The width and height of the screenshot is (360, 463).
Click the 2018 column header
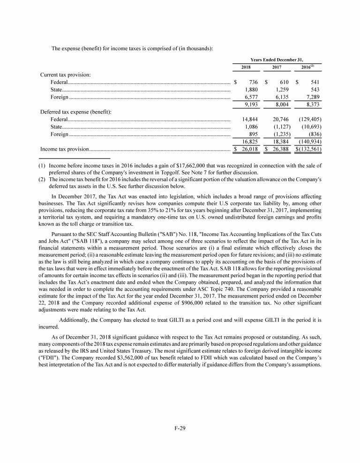pyautogui.click(x=246, y=68)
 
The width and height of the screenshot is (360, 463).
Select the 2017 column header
pyautogui.click(x=277, y=68)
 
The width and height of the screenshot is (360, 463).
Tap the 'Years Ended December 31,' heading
pyautogui.click(x=277, y=60)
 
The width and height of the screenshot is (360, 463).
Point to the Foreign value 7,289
pyautogui.click(x=312, y=98)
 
